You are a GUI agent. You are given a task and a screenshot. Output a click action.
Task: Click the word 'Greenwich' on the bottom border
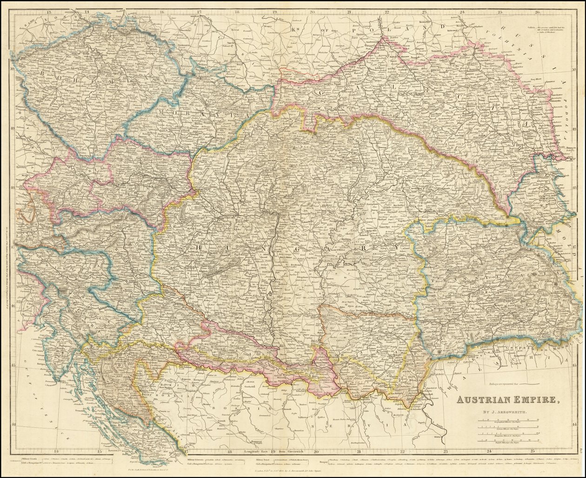point(300,451)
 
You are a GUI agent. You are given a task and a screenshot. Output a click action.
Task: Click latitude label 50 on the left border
point(12,68)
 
